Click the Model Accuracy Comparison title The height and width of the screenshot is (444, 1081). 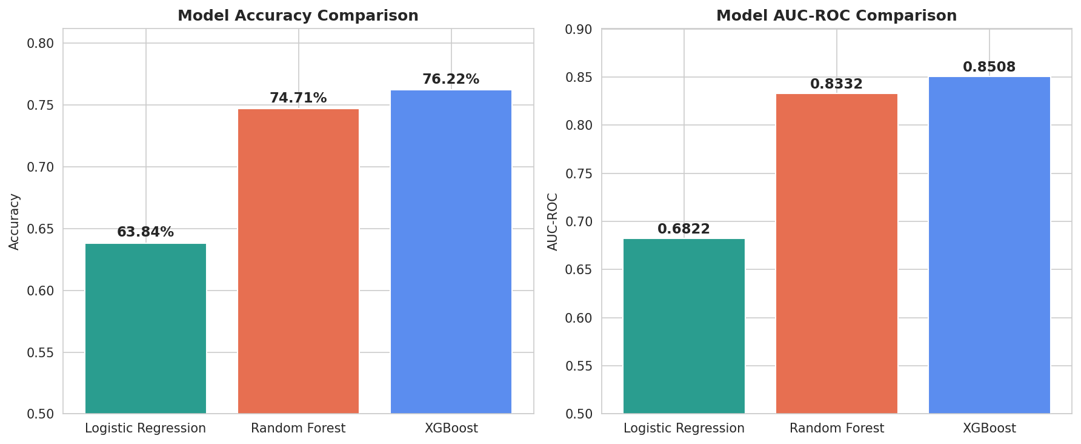pyautogui.click(x=298, y=16)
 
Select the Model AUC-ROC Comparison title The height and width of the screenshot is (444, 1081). pyautogui.click(x=836, y=16)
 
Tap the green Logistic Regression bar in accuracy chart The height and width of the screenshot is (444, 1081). pyautogui.click(x=145, y=328)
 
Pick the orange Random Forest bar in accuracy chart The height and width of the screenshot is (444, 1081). pyautogui.click(x=298, y=261)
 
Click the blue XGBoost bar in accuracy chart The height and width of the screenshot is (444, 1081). pyautogui.click(x=451, y=252)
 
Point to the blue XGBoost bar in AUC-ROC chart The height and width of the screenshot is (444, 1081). pyautogui.click(x=989, y=245)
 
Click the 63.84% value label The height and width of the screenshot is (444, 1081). pyautogui.click(x=145, y=232)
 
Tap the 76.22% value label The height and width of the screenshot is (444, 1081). pyautogui.click(x=451, y=79)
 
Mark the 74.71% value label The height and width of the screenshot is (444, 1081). pyautogui.click(x=298, y=98)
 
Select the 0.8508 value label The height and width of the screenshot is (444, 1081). pyautogui.click(x=989, y=67)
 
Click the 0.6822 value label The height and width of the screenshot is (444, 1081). pyautogui.click(x=684, y=229)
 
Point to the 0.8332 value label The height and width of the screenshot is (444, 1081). pyautogui.click(x=836, y=84)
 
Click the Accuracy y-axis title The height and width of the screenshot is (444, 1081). pyautogui.click(x=15, y=221)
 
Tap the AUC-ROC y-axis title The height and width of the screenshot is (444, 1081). pyautogui.click(x=553, y=221)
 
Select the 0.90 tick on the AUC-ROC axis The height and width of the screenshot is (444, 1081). pyautogui.click(x=579, y=29)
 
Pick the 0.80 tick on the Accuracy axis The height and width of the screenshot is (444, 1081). pyautogui.click(x=41, y=43)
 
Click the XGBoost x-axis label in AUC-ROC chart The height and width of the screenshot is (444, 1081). pyautogui.click(x=989, y=428)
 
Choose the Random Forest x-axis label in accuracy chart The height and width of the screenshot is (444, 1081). pyautogui.click(x=298, y=428)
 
